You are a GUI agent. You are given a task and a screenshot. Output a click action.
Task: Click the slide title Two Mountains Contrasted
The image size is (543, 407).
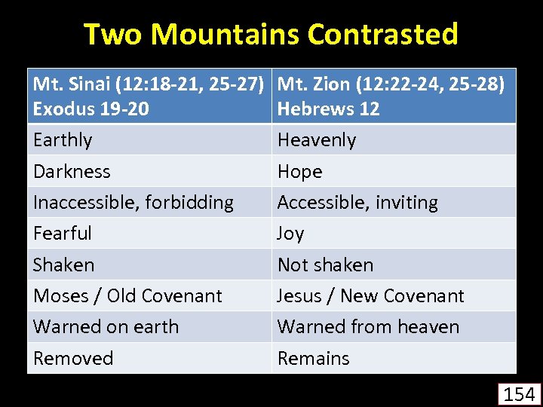271,35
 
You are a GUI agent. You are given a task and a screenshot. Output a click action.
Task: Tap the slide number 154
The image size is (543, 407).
519,393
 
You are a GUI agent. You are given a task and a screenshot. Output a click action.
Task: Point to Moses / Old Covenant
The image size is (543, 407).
127,296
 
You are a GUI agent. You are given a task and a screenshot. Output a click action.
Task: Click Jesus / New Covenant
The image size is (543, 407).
370,296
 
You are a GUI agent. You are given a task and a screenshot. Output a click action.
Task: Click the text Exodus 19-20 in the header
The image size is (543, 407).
90,109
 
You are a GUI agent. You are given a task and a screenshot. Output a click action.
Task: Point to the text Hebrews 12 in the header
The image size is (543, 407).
328,109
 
